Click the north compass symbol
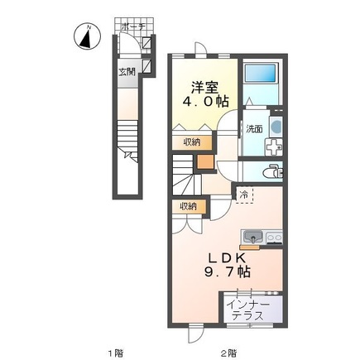click(88, 36)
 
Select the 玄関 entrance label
click(127, 72)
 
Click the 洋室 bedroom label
click(205, 88)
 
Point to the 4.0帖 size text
click(206, 102)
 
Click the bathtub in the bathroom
click(260, 73)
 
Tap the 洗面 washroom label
click(254, 129)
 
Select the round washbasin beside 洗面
click(276, 127)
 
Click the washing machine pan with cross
click(273, 147)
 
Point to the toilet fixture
click(273, 171)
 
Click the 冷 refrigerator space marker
click(243, 195)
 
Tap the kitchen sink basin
click(252, 237)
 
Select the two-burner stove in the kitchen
click(274, 237)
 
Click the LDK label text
click(227, 258)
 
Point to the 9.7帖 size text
click(228, 272)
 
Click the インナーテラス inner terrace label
click(247, 310)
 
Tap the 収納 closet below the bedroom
click(192, 142)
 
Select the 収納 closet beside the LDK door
click(189, 206)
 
